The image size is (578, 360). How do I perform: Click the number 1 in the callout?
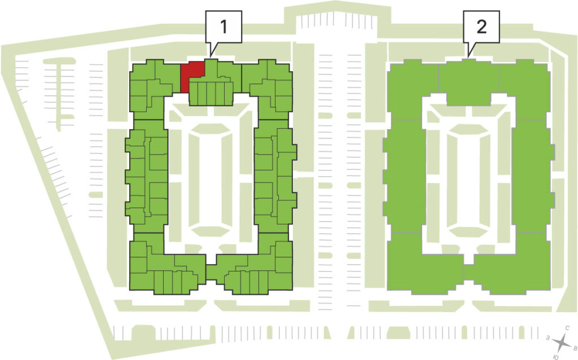pyautogui.click(x=224, y=27)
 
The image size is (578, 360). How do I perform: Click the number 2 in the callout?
pyautogui.click(x=481, y=27)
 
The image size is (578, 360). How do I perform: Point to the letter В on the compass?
pyautogui.click(x=574, y=348)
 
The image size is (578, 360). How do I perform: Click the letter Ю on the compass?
pyautogui.click(x=555, y=357)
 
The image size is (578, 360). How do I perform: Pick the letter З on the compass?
pyautogui.click(x=548, y=337)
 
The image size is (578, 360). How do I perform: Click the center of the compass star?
pyautogui.click(x=562, y=343)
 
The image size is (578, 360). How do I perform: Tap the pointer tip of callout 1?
pyautogui.click(x=210, y=56)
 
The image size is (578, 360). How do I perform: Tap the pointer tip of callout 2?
pyautogui.click(x=467, y=56)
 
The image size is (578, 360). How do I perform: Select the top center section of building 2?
pyautogui.click(x=468, y=82)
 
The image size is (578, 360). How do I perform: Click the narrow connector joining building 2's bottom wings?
pyautogui.click(x=468, y=273)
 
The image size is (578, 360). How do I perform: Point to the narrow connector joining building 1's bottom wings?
pyautogui.click(x=211, y=273)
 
